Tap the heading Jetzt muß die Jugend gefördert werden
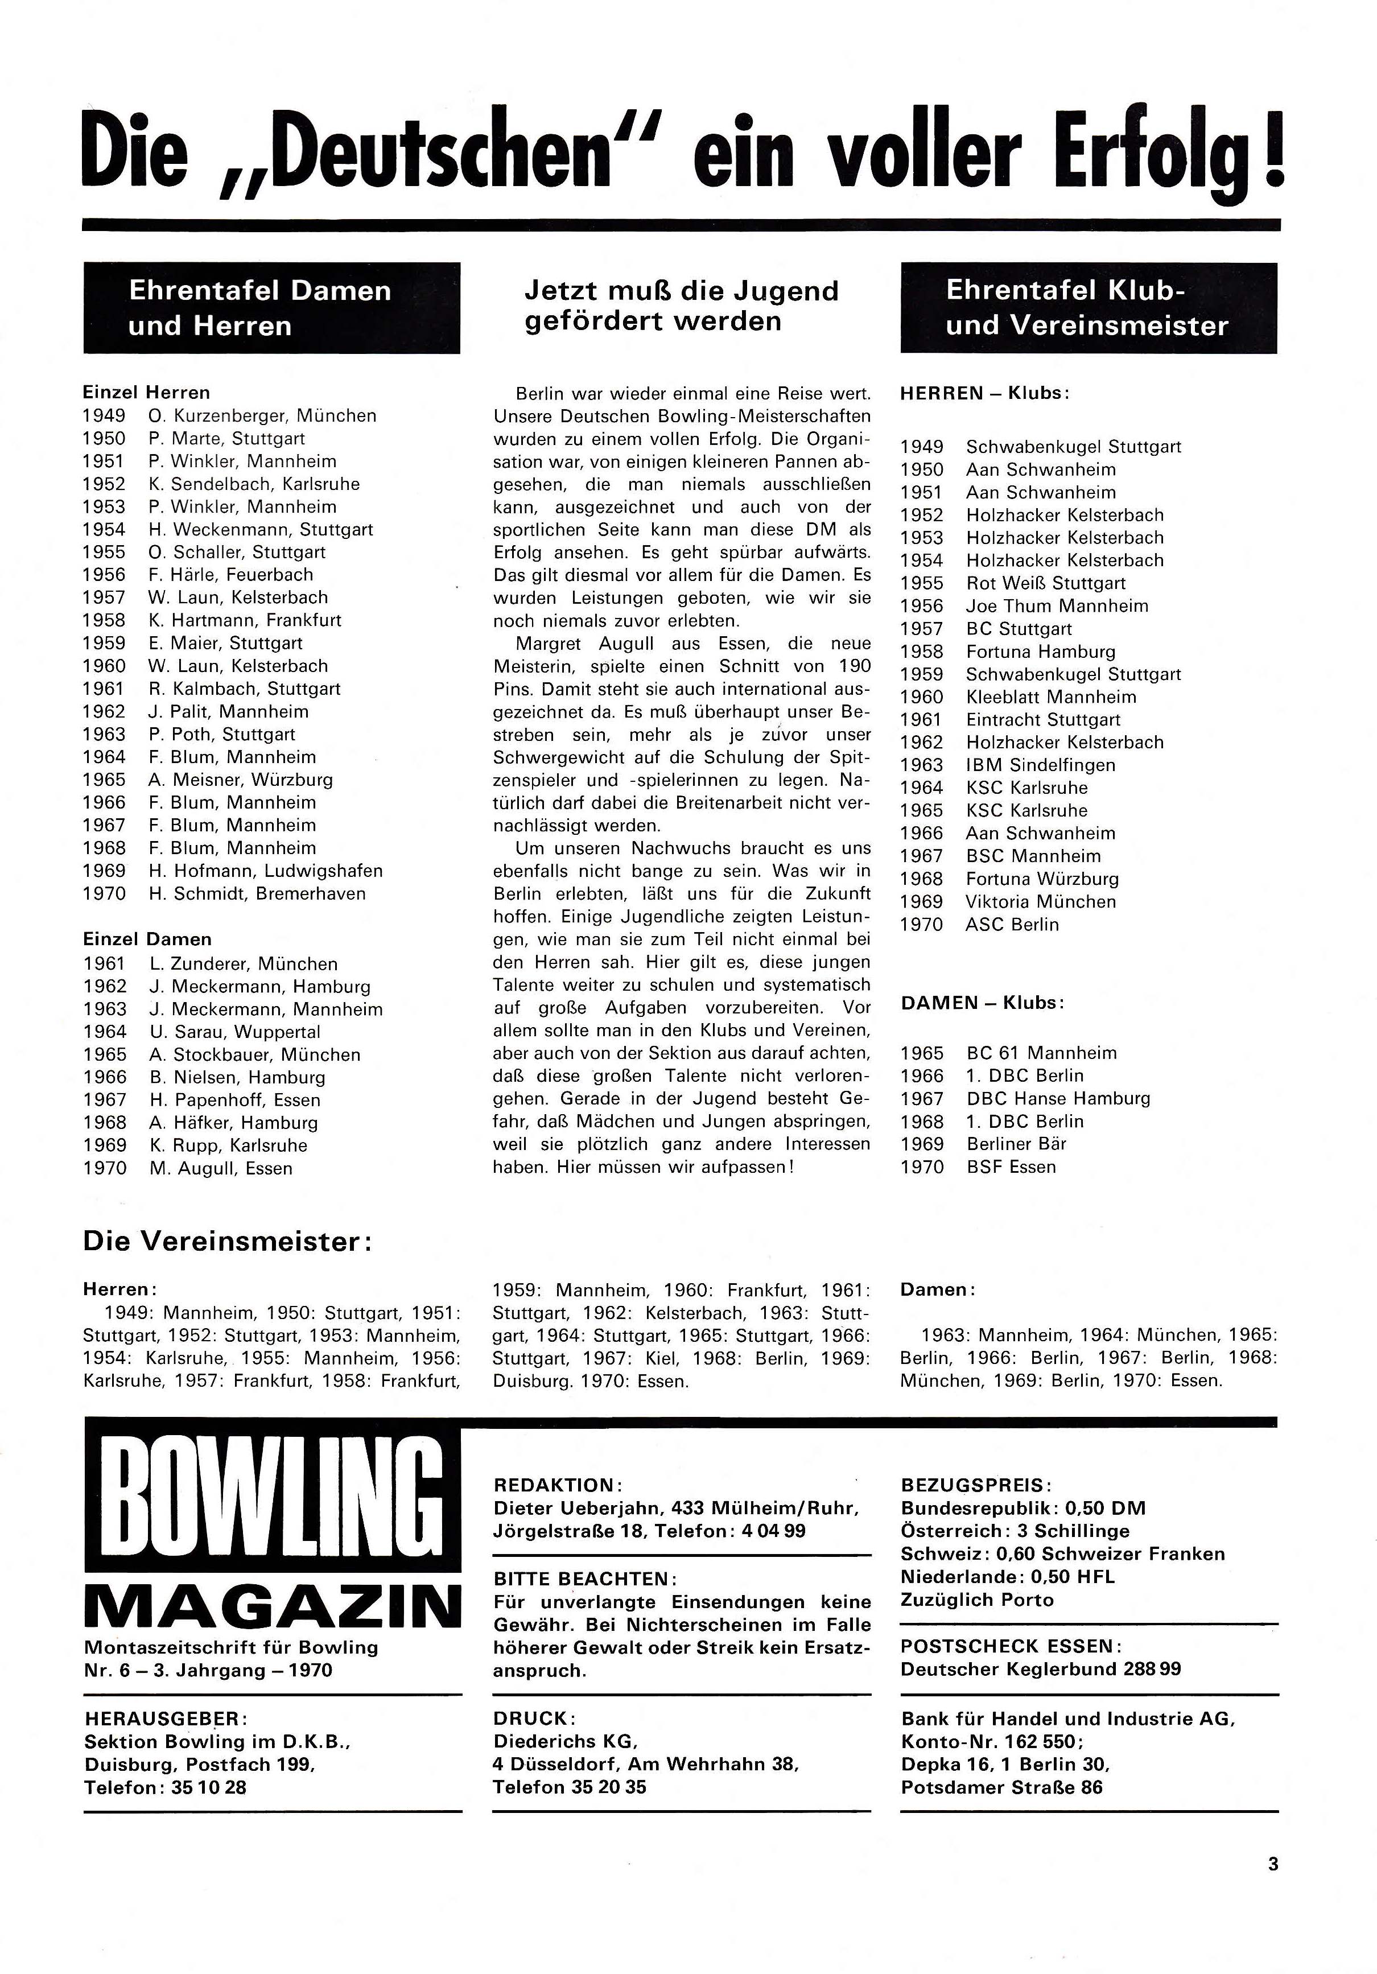(681, 306)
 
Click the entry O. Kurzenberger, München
(262, 416)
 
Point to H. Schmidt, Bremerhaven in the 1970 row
(257, 894)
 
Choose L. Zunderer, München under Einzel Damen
(244, 964)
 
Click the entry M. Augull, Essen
(220, 1168)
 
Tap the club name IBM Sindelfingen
(1040, 765)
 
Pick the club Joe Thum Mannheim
(1057, 606)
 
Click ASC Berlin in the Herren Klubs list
(1012, 925)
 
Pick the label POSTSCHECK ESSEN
(1011, 1646)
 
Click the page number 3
(1273, 1864)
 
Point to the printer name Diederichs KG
(564, 1741)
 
